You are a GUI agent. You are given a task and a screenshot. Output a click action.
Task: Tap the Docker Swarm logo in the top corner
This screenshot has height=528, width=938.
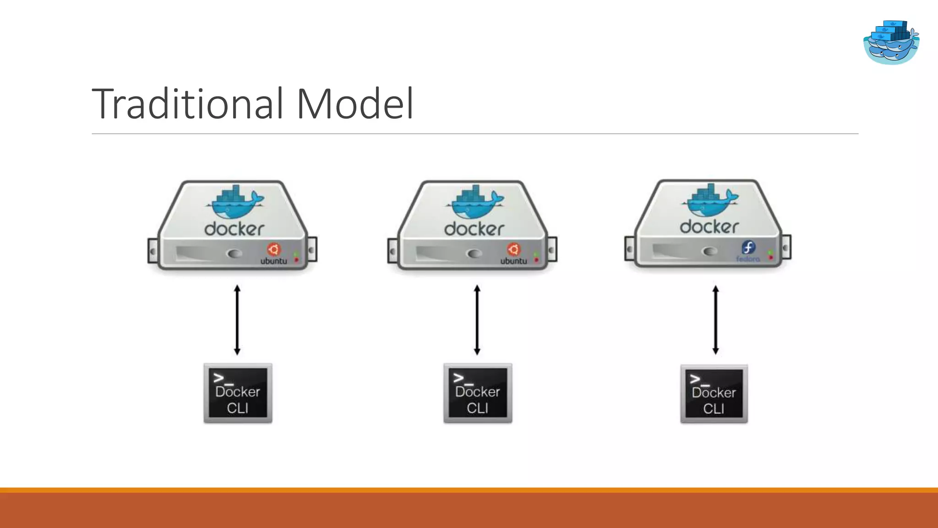891,42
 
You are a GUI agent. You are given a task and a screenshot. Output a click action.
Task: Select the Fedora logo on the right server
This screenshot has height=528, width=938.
748,248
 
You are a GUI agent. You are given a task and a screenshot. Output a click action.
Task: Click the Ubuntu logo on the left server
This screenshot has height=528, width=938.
274,249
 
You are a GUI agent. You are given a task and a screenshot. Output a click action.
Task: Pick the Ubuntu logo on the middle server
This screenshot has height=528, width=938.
513,249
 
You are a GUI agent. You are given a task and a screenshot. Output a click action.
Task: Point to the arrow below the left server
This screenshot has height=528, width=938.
237,320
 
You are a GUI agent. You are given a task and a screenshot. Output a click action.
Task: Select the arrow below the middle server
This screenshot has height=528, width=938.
477,320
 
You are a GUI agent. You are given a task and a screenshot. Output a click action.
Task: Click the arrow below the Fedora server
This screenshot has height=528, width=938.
715,320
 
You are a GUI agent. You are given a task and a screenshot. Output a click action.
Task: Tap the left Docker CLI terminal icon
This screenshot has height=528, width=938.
238,393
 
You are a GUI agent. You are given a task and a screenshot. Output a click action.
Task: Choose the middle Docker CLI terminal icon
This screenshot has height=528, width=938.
478,393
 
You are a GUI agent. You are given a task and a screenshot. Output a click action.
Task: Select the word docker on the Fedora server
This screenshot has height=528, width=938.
709,227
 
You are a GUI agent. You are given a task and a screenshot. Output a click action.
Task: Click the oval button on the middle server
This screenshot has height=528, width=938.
474,253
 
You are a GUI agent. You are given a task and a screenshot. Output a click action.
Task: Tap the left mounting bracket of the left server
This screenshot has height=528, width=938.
153,251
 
